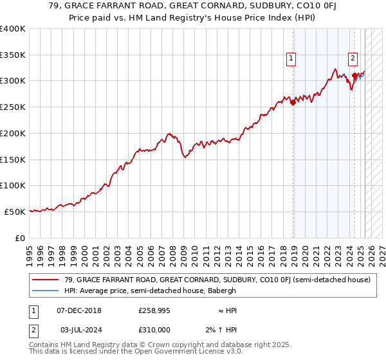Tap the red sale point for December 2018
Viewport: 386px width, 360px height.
[293, 102]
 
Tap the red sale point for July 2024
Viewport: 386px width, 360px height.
[354, 75]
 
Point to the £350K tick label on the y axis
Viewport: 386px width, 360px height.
[13, 55]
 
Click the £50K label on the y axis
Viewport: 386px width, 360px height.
[15, 212]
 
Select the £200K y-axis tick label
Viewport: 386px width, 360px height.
[13, 134]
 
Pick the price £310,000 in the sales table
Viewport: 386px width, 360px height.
[154, 329]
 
